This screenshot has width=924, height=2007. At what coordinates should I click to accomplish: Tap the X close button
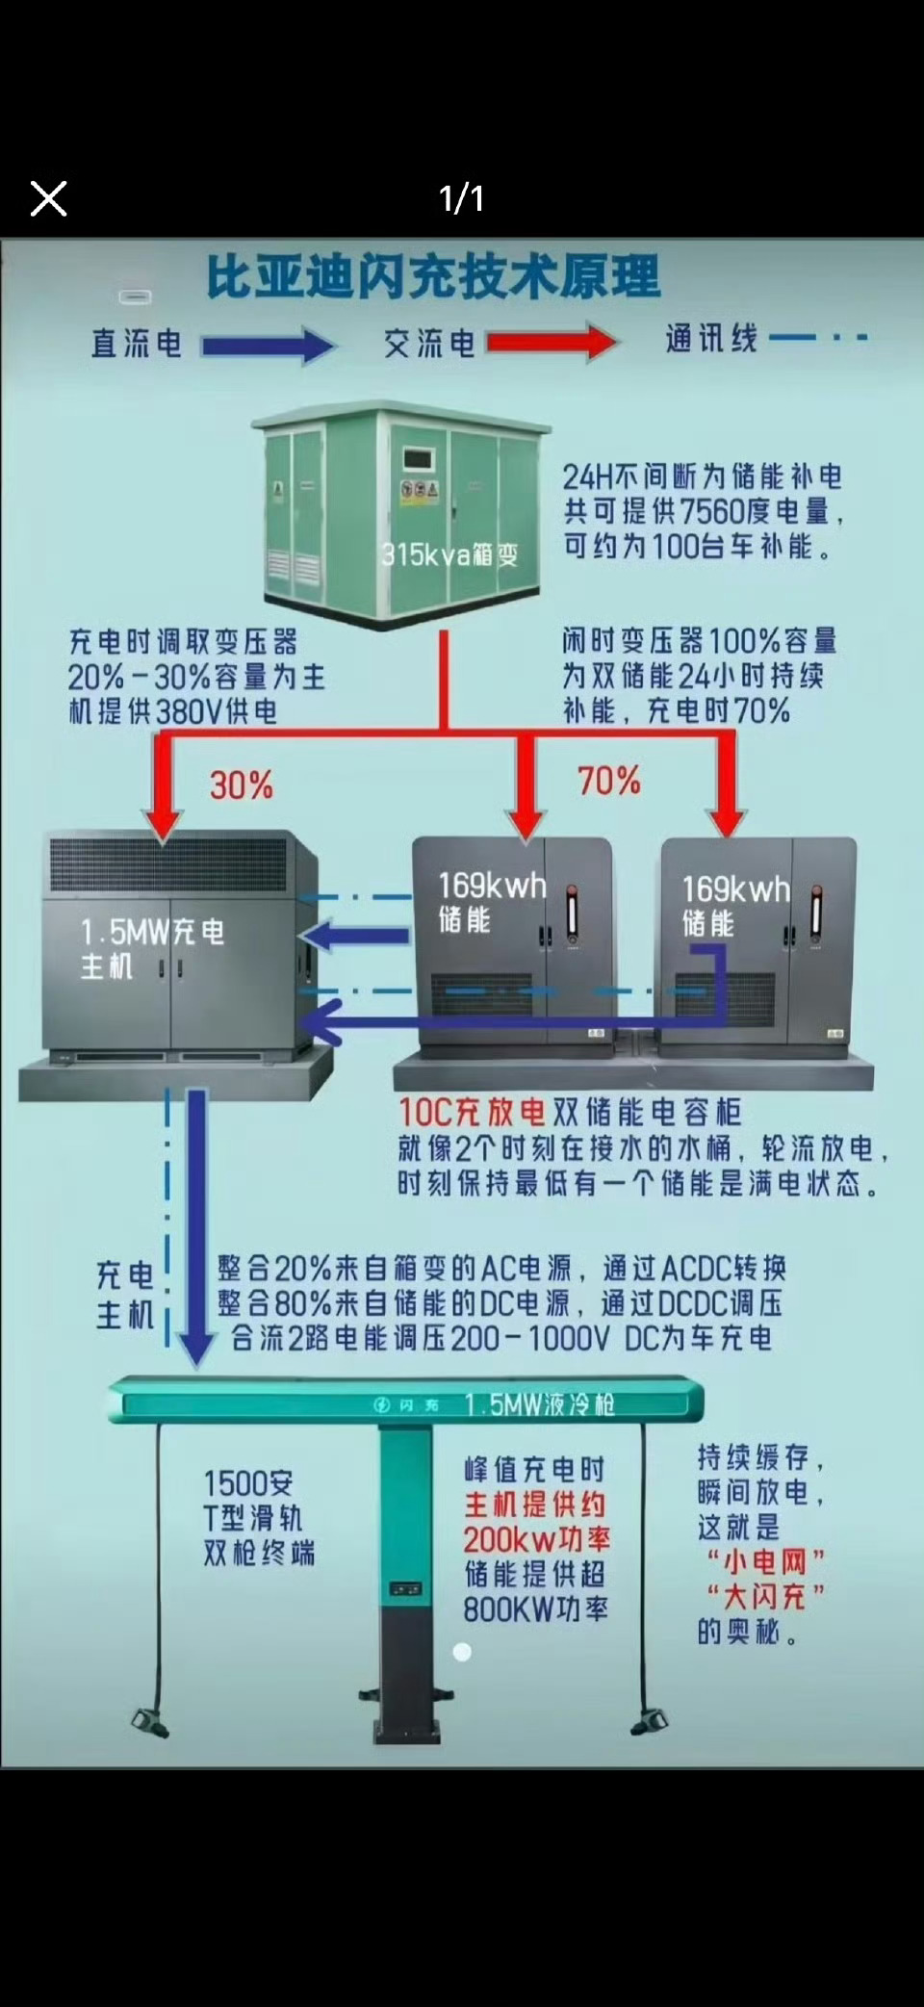click(x=48, y=199)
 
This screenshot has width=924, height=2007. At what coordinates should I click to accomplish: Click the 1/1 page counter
click(x=461, y=198)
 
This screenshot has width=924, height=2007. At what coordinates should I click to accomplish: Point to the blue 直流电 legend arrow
click(x=268, y=345)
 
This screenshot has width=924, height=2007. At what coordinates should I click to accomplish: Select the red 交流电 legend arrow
click(x=551, y=342)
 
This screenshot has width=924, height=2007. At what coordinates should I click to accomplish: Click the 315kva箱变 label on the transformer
click(x=449, y=554)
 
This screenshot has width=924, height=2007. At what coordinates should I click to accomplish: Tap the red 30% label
click(x=241, y=785)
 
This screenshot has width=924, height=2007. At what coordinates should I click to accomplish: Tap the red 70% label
click(x=608, y=781)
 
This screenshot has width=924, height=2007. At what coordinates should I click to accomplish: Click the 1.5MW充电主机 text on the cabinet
click(x=151, y=947)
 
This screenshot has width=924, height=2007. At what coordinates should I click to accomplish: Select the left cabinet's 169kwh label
click(x=492, y=886)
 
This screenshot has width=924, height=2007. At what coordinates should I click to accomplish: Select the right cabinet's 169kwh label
click(x=735, y=889)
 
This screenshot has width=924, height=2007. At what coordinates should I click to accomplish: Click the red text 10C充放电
click(x=472, y=1113)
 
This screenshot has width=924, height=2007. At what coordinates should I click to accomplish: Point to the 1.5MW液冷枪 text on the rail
click(x=539, y=1404)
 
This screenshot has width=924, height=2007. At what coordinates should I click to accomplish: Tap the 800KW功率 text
click(x=535, y=1608)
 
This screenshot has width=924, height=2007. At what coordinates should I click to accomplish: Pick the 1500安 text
click(x=248, y=1483)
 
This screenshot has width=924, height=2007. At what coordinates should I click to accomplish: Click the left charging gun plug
click(x=150, y=1721)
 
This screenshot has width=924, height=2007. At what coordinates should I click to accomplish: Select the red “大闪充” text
click(x=765, y=1597)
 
